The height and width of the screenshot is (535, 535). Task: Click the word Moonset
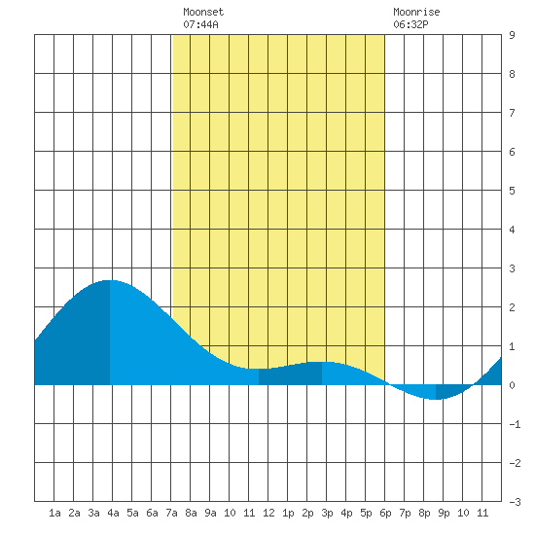click(x=203, y=12)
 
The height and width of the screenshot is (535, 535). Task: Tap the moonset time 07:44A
click(x=200, y=24)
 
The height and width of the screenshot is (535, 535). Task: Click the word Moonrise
click(x=416, y=12)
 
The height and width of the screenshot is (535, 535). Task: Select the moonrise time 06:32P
click(x=410, y=24)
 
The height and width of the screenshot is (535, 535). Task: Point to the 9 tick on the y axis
click(x=512, y=35)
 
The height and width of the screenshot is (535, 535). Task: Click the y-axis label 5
click(x=512, y=191)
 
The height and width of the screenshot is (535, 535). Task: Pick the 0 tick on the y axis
click(x=512, y=385)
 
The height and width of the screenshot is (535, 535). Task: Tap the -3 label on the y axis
click(x=515, y=502)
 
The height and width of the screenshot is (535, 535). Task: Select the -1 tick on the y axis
click(x=515, y=424)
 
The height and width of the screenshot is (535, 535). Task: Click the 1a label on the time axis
click(x=54, y=513)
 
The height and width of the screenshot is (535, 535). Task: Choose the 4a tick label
click(x=113, y=513)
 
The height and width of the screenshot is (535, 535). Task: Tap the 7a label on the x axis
click(x=171, y=513)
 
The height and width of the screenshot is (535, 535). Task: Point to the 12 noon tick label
click(x=268, y=513)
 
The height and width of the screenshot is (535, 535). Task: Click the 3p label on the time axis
click(x=327, y=513)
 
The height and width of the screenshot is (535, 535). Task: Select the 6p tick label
click(x=385, y=513)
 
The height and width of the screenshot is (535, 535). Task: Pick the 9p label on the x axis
click(x=444, y=513)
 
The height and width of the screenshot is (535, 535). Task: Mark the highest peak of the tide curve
click(x=110, y=280)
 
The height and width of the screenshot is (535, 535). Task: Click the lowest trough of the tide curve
click(x=435, y=399)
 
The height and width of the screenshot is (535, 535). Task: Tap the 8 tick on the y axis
click(x=512, y=74)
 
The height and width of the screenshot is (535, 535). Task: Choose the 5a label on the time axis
click(x=132, y=513)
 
